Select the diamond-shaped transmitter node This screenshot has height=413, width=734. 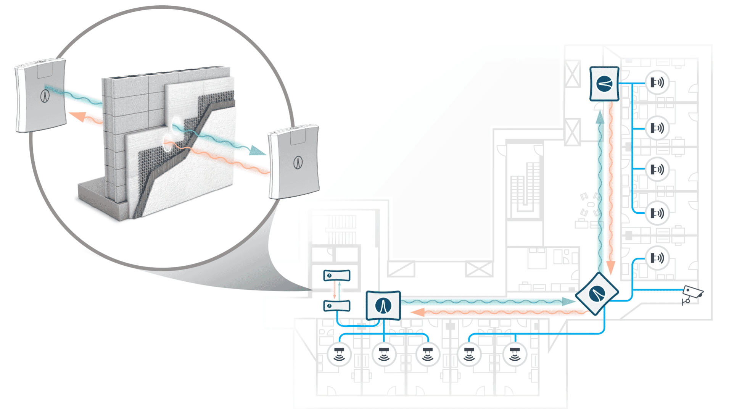[597, 294]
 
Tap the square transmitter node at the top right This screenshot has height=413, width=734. [604, 84]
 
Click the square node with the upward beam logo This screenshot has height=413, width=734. [383, 305]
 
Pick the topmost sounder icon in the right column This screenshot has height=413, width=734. [657, 82]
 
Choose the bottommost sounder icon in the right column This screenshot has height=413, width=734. [657, 258]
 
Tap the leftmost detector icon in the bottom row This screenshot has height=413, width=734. [339, 355]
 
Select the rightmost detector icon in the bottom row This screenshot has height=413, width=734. [515, 355]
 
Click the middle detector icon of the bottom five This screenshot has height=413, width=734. [428, 355]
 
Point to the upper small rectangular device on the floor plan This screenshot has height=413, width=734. [336, 275]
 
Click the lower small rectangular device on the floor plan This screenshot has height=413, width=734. [336, 306]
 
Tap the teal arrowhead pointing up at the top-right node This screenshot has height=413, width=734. [600, 117]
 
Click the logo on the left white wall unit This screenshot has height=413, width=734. [45, 96]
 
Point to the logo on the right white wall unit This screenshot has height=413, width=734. [298, 163]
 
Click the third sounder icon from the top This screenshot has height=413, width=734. [657, 169]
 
